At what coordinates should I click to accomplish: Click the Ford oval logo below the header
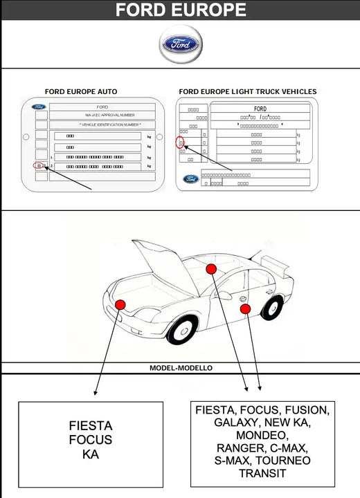(x=181, y=44)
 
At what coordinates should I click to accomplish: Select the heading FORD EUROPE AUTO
(x=81, y=91)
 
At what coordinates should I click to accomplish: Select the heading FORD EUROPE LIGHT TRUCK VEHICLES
(x=247, y=91)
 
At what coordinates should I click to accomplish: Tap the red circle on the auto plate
(x=39, y=167)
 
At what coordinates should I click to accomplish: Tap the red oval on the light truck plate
(x=181, y=143)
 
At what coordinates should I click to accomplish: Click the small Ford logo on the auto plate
(x=39, y=107)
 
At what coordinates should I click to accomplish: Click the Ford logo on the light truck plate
(x=190, y=179)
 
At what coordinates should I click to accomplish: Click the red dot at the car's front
(x=120, y=304)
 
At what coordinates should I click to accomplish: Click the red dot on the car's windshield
(x=211, y=268)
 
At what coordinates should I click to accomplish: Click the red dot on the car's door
(x=245, y=309)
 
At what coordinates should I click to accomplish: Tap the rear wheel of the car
(x=273, y=307)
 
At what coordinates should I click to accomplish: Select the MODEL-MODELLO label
(x=181, y=368)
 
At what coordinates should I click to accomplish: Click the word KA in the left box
(x=90, y=454)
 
